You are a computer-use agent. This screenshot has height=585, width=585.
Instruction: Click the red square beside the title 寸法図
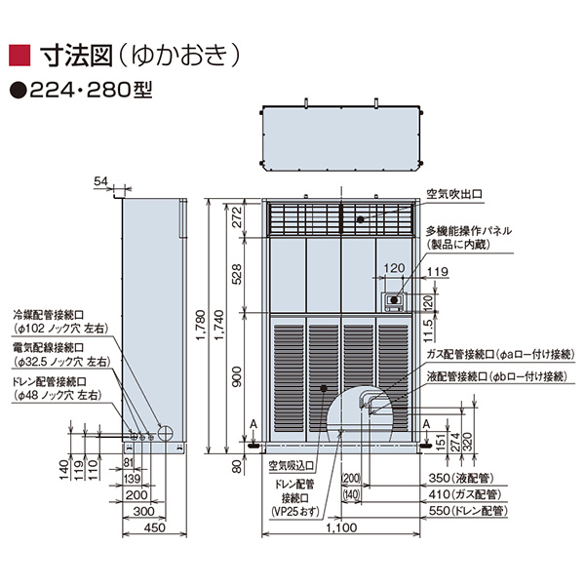point(19,53)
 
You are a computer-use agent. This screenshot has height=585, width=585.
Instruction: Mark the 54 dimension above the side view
point(102,181)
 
